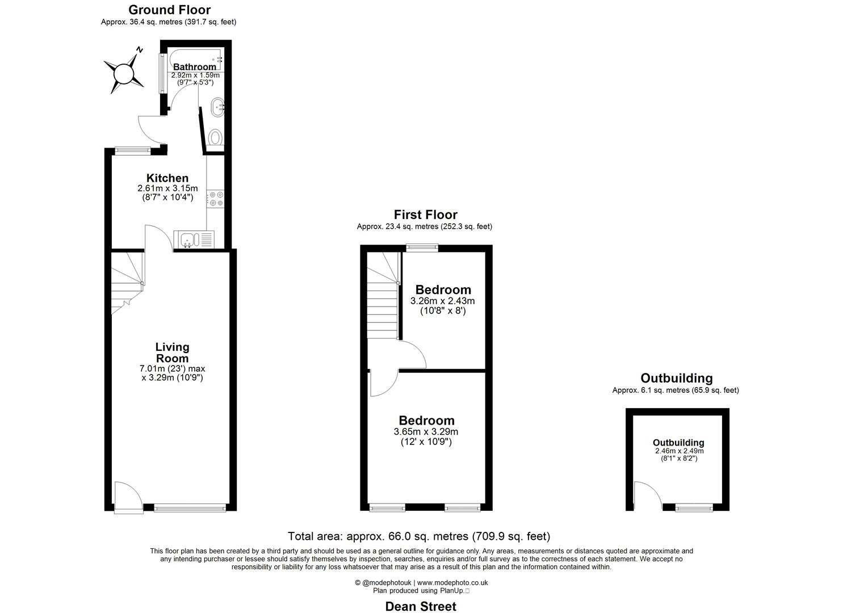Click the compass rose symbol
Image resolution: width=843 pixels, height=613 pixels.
123,73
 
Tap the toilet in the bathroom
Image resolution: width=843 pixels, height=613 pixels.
215,137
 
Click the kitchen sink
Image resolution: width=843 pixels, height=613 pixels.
187,240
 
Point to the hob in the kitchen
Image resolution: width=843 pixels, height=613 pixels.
216,198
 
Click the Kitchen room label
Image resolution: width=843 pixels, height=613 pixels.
167,178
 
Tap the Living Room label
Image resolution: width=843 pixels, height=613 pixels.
173,352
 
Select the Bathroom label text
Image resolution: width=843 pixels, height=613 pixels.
195,67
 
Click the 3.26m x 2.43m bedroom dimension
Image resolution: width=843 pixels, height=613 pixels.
443,301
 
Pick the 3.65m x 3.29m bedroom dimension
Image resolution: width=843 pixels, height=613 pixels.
426,431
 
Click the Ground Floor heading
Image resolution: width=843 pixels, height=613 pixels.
169,10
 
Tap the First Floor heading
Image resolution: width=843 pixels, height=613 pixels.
425,215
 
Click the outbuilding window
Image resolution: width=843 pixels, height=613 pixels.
694,507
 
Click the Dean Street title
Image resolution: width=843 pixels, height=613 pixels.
421,606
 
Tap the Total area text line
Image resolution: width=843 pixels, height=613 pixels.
419,536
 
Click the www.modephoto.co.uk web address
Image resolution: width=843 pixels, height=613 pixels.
452,582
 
